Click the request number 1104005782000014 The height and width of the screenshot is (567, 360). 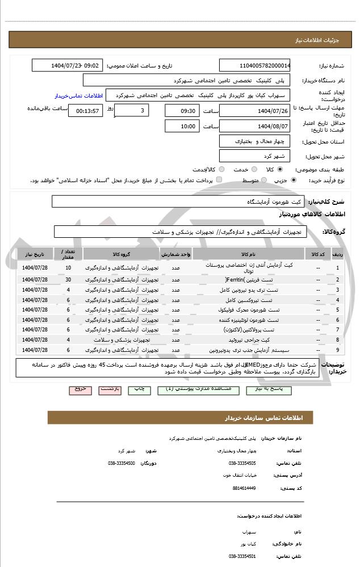click(x=255, y=65)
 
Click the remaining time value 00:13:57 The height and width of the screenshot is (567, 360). click(x=86, y=110)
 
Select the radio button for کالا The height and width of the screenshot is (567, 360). click(x=280, y=169)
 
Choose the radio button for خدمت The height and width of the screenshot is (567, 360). click(x=254, y=169)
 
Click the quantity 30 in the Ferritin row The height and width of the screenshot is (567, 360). click(x=68, y=279)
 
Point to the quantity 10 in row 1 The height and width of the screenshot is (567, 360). click(x=68, y=267)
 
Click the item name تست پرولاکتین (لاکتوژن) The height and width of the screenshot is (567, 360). click(x=252, y=329)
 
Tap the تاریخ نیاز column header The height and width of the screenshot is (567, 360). click(x=35, y=253)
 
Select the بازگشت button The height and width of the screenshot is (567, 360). click(x=110, y=389)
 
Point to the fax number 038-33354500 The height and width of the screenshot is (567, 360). click(x=121, y=463)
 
